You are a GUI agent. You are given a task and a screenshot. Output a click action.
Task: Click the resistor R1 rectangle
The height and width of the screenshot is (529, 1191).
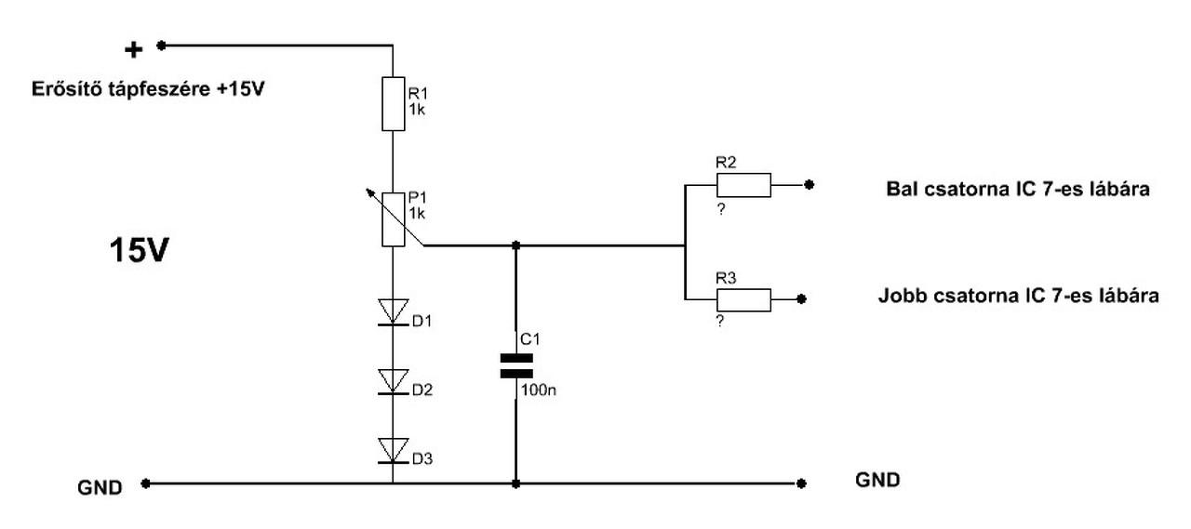(393, 103)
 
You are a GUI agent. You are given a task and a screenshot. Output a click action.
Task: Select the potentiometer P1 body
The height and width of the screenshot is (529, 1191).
(393, 219)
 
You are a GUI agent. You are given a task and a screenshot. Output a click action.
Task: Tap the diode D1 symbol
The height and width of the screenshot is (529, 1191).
(393, 311)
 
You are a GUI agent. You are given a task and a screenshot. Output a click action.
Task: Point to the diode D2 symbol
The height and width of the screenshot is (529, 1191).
(393, 381)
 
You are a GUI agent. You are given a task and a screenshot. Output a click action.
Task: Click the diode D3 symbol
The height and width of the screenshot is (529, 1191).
(393, 450)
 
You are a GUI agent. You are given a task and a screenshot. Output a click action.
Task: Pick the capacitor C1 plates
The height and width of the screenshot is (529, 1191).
(516, 366)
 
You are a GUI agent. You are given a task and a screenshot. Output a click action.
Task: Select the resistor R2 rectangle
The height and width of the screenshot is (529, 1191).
(743, 185)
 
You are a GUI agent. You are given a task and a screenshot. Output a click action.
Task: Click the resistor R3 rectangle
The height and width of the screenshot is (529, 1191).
(743, 300)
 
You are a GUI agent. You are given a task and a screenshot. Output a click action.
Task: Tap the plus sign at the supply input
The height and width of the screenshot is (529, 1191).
(133, 50)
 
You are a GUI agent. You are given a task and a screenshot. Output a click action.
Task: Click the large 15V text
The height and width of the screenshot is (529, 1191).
(139, 250)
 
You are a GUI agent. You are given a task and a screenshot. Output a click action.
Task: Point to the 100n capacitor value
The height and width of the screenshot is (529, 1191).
(539, 390)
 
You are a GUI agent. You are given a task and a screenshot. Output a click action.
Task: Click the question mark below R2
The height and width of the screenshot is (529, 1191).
(721, 209)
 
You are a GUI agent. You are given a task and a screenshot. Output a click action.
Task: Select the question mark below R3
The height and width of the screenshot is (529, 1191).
(720, 321)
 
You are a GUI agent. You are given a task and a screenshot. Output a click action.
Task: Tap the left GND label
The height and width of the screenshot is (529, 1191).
(100, 487)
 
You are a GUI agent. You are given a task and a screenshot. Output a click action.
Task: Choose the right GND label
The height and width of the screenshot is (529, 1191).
(877, 480)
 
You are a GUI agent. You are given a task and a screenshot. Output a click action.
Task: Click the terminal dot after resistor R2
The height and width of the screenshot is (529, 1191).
(809, 185)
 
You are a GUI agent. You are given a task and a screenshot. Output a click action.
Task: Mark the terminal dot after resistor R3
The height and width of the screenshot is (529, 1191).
(802, 299)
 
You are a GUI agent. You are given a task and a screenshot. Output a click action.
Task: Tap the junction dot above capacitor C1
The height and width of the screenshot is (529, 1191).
(515, 245)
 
